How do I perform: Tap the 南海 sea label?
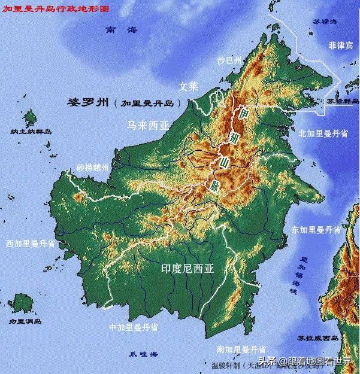[x=120, y=29]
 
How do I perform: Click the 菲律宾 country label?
[x=341, y=45]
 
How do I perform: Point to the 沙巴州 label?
[x=229, y=60]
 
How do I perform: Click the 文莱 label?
[x=187, y=86]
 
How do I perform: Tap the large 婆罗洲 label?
[x=90, y=102]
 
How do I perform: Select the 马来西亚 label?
[x=147, y=126]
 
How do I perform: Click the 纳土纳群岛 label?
[x=31, y=131]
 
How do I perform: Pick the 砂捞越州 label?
[x=93, y=168]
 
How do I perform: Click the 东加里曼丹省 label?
[x=316, y=229]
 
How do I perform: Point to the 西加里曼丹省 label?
[x=31, y=244]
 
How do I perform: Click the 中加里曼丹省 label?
[x=134, y=327]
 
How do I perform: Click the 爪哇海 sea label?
[x=144, y=354]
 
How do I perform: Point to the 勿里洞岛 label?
[x=25, y=321]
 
